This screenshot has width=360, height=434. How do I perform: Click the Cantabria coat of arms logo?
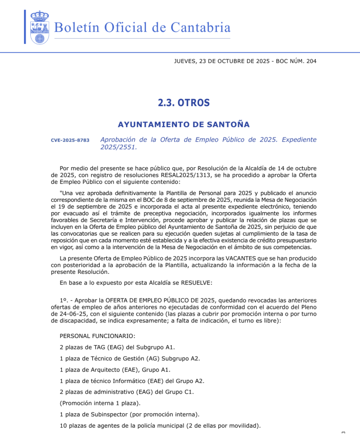(40, 27)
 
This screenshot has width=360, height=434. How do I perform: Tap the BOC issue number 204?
(311, 61)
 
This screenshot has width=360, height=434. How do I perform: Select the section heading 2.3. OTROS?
(184, 103)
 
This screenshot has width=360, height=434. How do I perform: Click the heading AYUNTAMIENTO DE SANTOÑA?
(184, 124)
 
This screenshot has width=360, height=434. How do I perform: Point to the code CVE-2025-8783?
(70, 140)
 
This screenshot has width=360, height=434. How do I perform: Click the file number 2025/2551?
(118, 147)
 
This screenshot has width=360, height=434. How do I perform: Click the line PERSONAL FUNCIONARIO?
(98, 336)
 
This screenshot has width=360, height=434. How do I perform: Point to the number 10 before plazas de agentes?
(64, 426)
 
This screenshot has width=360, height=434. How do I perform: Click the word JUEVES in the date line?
(184, 61)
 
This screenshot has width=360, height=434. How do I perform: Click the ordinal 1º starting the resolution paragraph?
(64, 300)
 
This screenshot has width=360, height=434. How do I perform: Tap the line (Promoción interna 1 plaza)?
(95, 403)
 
